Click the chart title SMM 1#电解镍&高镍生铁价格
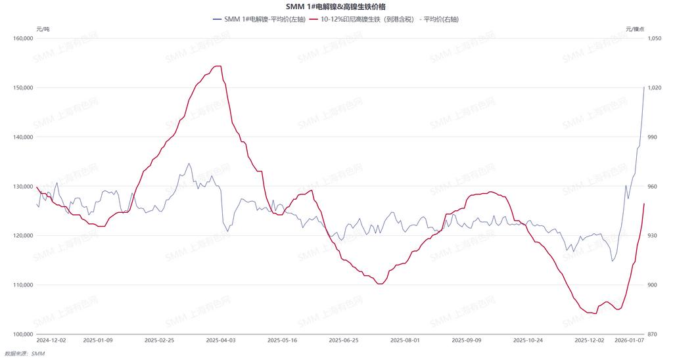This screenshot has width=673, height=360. tap(336, 7)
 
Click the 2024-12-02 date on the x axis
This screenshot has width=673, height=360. tap(51, 340)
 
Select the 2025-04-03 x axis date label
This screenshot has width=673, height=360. tap(221, 340)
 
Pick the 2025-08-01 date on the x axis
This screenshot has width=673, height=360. tap(406, 340)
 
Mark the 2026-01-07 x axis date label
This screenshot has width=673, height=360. tap(628, 340)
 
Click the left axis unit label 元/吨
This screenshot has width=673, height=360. tap(43, 29)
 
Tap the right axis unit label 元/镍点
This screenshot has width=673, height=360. tap(635, 29)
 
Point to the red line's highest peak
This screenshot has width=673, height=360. tap(218, 66)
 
